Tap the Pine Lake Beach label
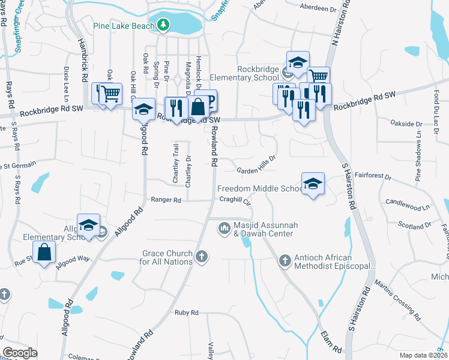tap(124, 26)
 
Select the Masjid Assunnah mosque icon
tap(224, 227)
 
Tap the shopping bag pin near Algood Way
tap(44, 253)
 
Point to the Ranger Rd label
tap(166, 200)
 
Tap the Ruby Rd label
tap(186, 313)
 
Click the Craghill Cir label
tap(235, 199)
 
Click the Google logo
tap(20, 353)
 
